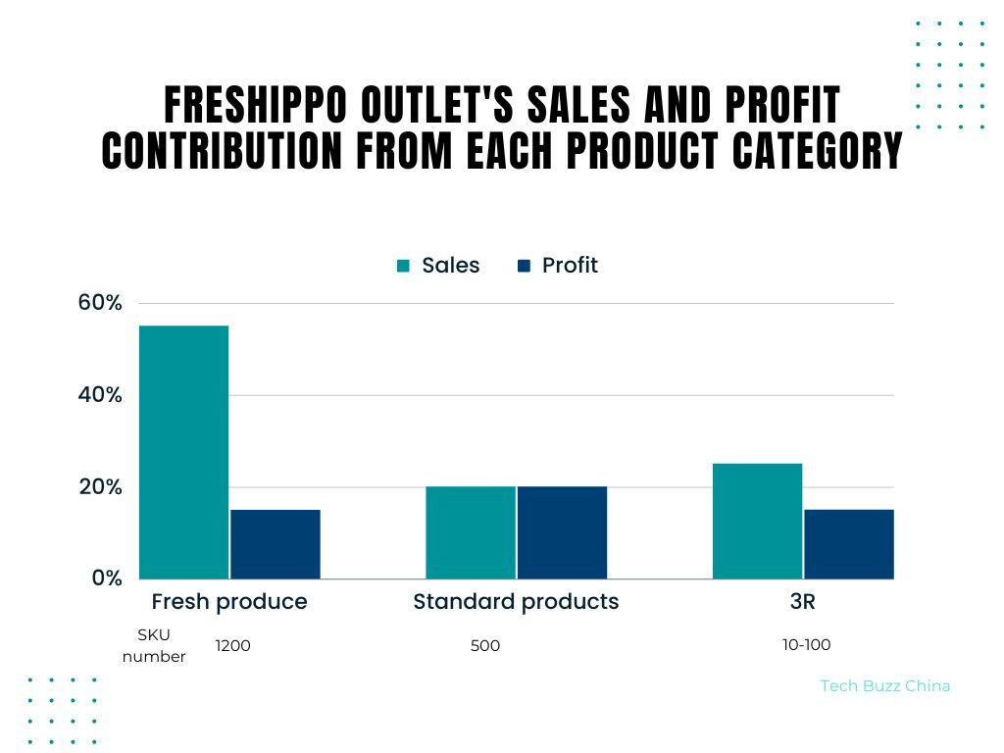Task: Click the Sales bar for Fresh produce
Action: pos(184,452)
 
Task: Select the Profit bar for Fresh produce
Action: pos(276,544)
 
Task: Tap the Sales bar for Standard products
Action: pos(471,532)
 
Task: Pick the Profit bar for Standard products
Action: pos(562,532)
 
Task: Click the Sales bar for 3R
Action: pos(757,521)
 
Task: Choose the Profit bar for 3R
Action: pos(849,544)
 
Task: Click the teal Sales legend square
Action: pos(403,266)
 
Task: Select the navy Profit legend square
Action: pos(524,266)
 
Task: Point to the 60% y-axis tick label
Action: pos(100,303)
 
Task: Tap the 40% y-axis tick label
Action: pos(100,395)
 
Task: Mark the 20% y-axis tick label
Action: pos(100,487)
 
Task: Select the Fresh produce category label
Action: pos(228,602)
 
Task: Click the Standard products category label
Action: pos(516,602)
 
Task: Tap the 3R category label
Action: pos(802,602)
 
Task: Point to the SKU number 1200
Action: pos(233,645)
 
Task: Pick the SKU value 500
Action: pos(485,646)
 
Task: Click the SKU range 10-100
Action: pos(806,644)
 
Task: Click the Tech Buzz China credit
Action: pos(884,686)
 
